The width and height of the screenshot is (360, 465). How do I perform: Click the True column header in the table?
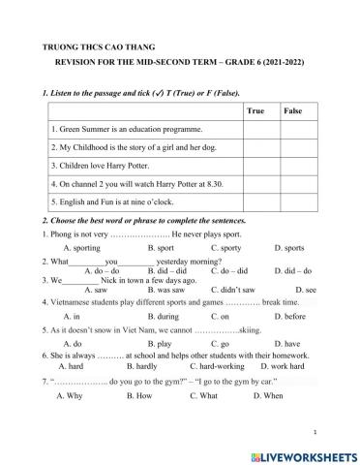[255, 111]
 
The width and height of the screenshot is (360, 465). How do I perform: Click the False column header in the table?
[293, 111]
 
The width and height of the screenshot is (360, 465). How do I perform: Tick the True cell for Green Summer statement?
[255, 129]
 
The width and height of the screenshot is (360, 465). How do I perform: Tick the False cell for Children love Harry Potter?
[293, 165]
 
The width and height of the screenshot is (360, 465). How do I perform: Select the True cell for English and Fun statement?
[255, 201]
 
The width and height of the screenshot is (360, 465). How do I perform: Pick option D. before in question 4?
[290, 316]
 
